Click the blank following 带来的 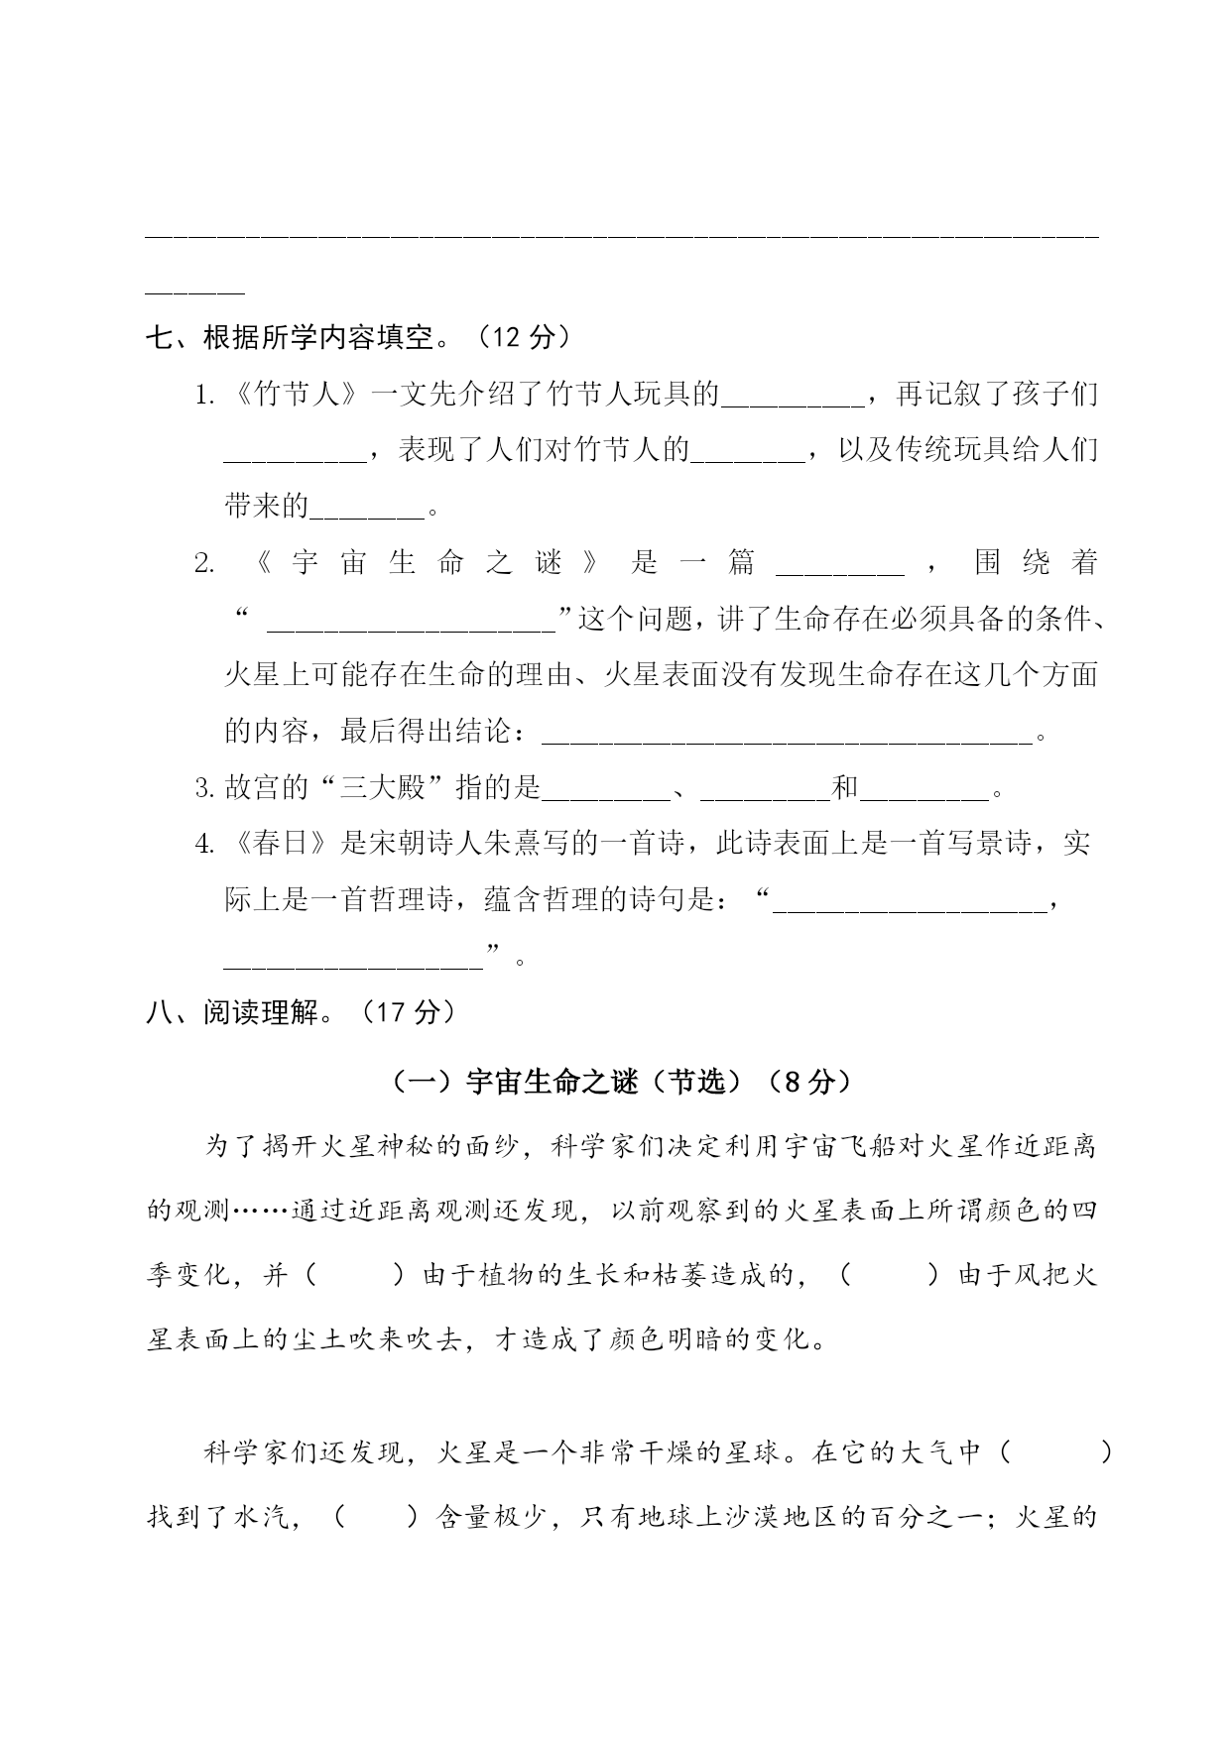[x=367, y=512]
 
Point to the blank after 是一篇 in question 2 [x=839, y=567]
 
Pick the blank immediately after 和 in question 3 [x=925, y=793]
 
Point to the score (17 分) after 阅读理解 [x=408, y=1012]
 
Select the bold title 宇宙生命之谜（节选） [x=616, y=1083]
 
